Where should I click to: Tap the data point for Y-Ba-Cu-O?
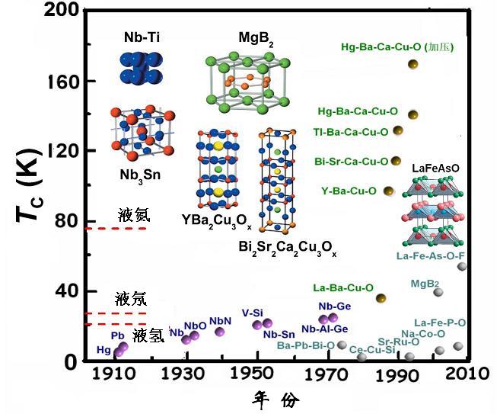(388, 191)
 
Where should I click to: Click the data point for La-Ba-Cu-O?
(381, 297)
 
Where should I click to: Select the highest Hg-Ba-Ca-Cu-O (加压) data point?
(413, 64)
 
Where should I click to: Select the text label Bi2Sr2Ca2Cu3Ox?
(287, 249)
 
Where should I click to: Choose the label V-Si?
(253, 312)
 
